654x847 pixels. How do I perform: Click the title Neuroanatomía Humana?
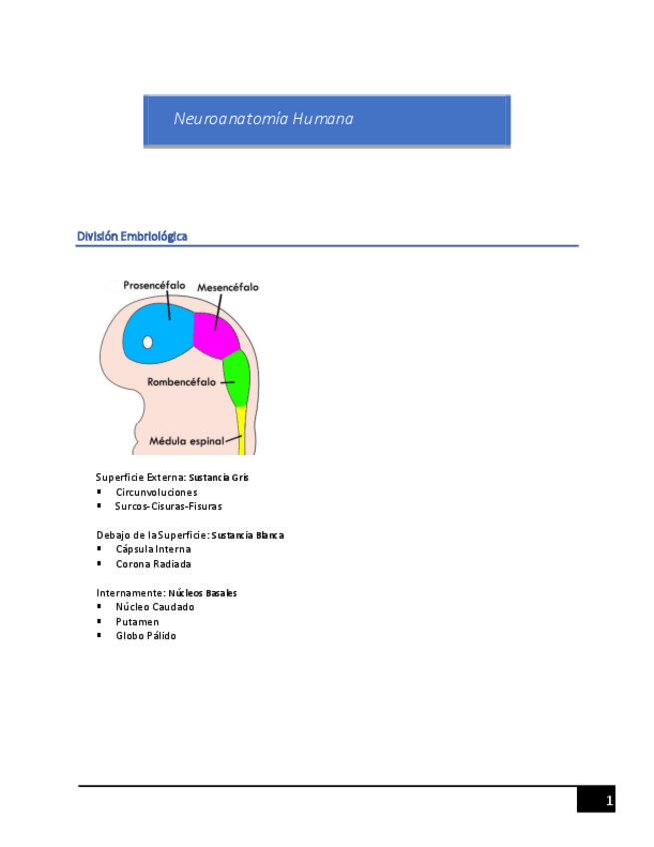pos(264,119)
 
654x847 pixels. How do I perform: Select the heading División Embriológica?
pos(132,236)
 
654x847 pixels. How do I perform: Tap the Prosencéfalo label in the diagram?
pos(154,285)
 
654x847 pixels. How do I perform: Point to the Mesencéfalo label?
pos(227,287)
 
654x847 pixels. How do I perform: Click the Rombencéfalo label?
pos(183,381)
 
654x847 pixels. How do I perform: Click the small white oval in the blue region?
pos(148,342)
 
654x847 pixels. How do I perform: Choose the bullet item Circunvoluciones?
pos(156,492)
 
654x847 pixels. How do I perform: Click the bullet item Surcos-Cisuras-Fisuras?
pos(168,506)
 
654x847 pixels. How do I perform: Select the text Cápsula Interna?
pos(153,549)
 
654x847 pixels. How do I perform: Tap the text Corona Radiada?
pos(153,564)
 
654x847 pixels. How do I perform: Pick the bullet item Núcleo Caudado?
pos(155,606)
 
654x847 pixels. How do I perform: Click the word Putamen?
pos(137,621)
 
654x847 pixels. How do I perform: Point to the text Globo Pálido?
pos(146,636)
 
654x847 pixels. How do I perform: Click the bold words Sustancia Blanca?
pos(248,535)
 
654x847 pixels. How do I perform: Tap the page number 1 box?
pos(596,800)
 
